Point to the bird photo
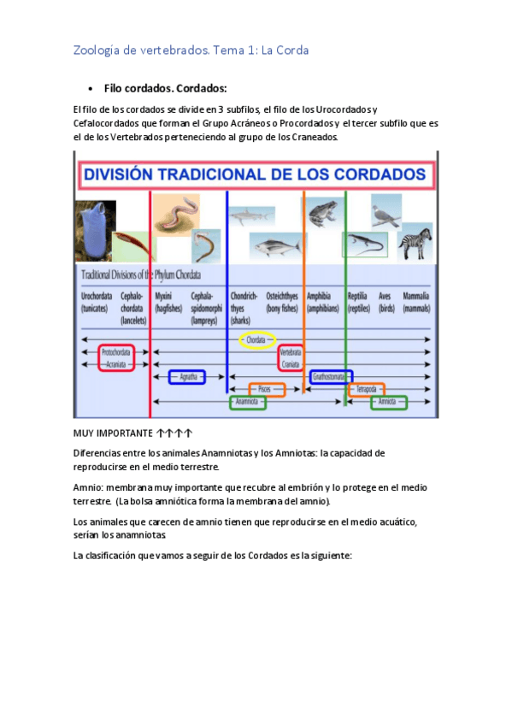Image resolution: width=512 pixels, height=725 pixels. pyautogui.click(x=385, y=211)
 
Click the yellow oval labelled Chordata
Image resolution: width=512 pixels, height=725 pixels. pyautogui.click(x=256, y=340)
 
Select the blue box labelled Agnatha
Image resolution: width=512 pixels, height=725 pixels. pyautogui.click(x=187, y=376)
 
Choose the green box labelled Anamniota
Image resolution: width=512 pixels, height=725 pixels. pyautogui.click(x=248, y=401)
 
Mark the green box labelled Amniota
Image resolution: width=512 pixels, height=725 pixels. pyautogui.click(x=388, y=401)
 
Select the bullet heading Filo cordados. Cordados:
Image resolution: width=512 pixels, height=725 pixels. pyautogui.click(x=165, y=88)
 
